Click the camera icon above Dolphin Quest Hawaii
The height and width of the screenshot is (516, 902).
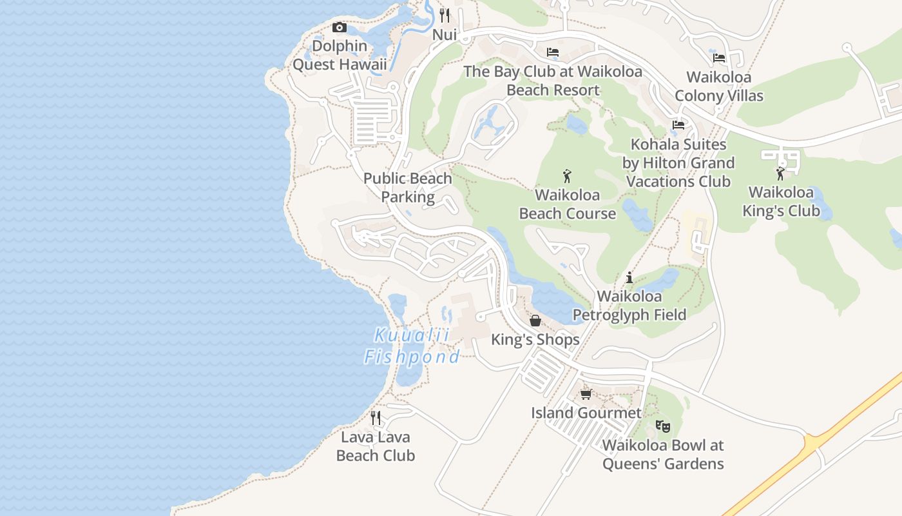click(x=340, y=27)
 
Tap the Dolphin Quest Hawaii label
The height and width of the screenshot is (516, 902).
click(x=340, y=55)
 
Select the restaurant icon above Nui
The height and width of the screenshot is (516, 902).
click(x=445, y=15)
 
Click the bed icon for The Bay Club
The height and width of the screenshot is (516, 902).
click(x=553, y=52)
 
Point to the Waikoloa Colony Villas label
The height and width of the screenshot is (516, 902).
click(x=719, y=86)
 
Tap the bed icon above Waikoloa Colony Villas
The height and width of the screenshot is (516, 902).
click(x=719, y=58)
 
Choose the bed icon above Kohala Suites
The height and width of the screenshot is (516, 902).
click(x=678, y=125)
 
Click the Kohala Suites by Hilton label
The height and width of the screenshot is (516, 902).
click(x=678, y=163)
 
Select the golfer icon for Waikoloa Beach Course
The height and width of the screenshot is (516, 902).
click(x=567, y=175)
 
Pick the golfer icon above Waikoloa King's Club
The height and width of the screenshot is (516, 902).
click(x=781, y=174)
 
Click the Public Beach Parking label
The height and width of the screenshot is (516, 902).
click(x=408, y=188)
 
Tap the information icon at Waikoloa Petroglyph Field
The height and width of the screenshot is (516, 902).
click(x=629, y=278)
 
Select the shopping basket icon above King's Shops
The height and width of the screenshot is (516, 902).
click(x=535, y=321)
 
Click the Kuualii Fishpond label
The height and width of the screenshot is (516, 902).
click(x=412, y=346)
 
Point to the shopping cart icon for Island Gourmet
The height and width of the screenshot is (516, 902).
click(x=586, y=394)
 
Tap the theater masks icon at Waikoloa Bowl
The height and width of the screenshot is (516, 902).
click(x=663, y=426)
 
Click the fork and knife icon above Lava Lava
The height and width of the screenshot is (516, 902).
click(x=376, y=418)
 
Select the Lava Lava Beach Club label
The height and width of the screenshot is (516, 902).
click(x=376, y=446)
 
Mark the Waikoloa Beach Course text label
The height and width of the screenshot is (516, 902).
click(x=568, y=204)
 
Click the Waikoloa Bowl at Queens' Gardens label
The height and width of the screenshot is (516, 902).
click(x=663, y=455)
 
